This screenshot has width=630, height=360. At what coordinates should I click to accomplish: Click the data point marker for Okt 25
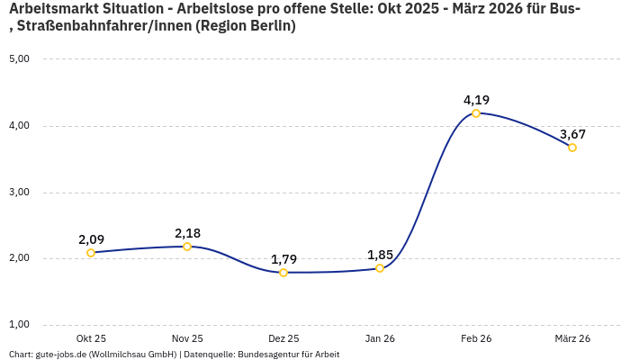pos(91,253)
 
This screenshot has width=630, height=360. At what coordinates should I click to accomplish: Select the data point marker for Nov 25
pos(187,247)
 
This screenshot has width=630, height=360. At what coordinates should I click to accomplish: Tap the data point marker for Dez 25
pos(283,273)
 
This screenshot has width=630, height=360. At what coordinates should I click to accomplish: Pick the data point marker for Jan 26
pos(380,268)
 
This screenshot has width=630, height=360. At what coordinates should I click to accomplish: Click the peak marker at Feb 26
pos(476,113)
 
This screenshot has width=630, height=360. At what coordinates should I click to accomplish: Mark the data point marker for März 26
pos(572,148)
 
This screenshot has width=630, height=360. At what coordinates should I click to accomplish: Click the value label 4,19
pos(476,100)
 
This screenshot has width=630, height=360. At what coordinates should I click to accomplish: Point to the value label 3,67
pos(573,134)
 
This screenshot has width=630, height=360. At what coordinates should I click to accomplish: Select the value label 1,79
pos(283,259)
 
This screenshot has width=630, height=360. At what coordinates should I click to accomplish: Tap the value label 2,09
pos(91,239)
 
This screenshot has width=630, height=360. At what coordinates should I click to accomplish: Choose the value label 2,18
pos(187,233)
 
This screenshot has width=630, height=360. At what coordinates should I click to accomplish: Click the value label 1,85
pos(380,255)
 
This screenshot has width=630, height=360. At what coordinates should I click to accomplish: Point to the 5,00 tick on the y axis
pos(19,59)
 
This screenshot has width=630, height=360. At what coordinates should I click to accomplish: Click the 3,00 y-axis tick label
pos(19,193)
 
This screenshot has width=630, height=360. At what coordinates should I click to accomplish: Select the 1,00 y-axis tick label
pos(19,325)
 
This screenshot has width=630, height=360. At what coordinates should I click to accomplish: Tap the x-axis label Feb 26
pos(476,338)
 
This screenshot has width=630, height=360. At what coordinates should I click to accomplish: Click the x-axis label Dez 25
pos(283,338)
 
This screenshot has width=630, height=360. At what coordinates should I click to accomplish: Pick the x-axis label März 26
pos(572,338)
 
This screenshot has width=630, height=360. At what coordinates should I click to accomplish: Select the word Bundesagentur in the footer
pos(265,355)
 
